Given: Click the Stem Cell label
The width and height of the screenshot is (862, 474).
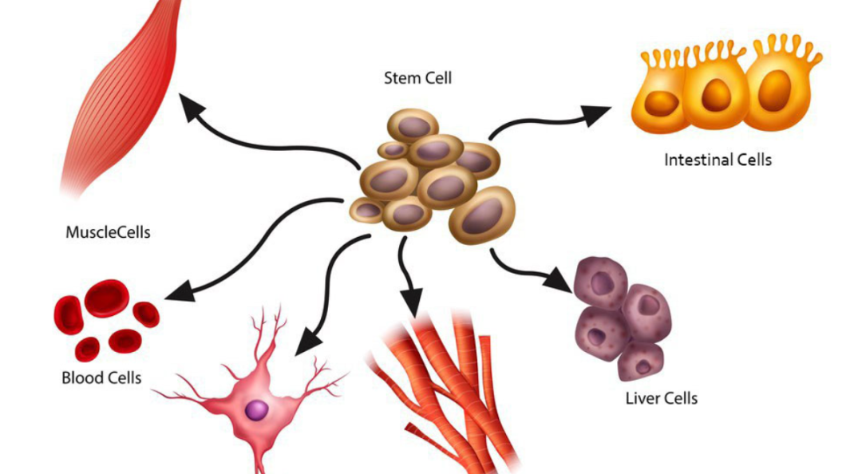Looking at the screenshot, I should pyautogui.click(x=417, y=78).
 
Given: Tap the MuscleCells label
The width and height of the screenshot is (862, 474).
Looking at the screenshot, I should pyautogui.click(x=108, y=234).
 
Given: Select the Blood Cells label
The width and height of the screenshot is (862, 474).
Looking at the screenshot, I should pyautogui.click(x=101, y=377).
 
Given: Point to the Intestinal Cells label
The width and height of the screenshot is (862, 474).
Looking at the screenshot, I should pyautogui.click(x=718, y=160).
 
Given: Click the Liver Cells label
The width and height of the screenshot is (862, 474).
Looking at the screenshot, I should pyautogui.click(x=661, y=397).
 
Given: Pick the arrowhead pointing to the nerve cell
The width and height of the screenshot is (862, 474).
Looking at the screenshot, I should pyautogui.click(x=306, y=342).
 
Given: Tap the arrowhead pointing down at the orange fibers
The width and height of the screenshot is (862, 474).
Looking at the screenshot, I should pyautogui.click(x=413, y=304).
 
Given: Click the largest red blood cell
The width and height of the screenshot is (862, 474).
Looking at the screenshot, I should pyautogui.click(x=106, y=298).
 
